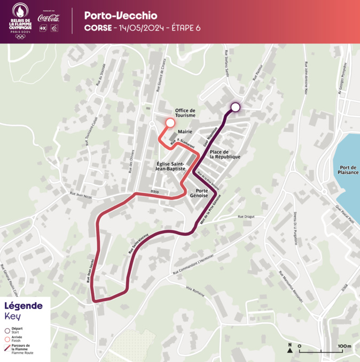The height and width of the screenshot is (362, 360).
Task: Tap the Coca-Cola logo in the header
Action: tap(49, 18)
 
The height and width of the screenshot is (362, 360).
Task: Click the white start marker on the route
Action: tap(235, 107)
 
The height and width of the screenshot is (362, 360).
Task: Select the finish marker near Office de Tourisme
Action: tap(170, 123)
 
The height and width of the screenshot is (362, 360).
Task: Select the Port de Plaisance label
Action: tap(348, 170)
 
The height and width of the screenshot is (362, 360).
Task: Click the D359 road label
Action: tap(155, 190)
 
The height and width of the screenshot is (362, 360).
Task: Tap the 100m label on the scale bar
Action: tap(344, 346)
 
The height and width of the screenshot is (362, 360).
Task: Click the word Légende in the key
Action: tap(24, 306)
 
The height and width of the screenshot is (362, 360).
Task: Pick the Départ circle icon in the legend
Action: tap(7, 329)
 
